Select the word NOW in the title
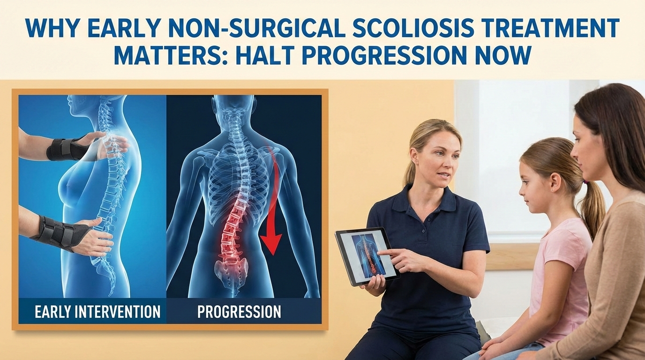click(508, 55)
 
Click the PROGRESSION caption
click(239, 311)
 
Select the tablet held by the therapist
click(366, 255)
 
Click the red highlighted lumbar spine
click(234, 225)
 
